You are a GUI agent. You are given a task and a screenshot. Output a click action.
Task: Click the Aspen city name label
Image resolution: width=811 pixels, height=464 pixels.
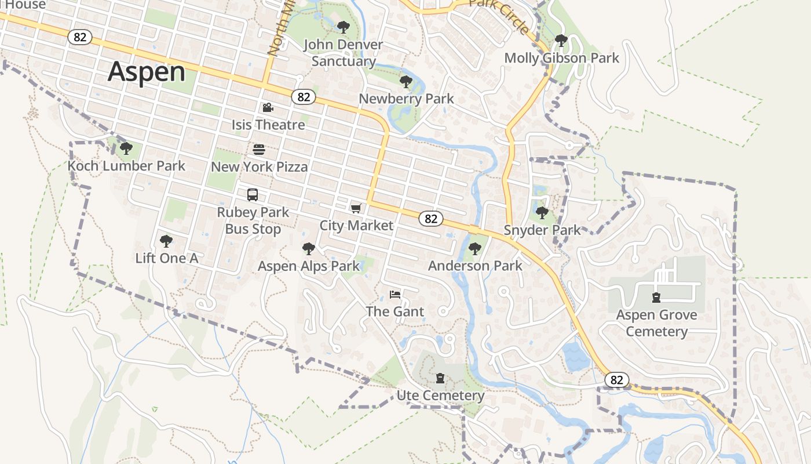(x=147, y=71)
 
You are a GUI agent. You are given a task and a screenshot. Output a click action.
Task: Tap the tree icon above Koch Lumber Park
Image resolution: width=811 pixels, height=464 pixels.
(x=126, y=148)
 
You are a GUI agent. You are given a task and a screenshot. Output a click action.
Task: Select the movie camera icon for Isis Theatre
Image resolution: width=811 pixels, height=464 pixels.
(x=268, y=107)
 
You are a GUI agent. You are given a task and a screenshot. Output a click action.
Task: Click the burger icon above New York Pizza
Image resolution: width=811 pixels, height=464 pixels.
(x=259, y=150)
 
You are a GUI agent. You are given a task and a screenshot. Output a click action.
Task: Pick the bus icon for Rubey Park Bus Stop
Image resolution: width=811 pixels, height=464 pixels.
(x=253, y=195)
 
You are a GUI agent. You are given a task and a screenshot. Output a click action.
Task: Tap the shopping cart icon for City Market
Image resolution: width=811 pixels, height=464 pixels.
(x=356, y=208)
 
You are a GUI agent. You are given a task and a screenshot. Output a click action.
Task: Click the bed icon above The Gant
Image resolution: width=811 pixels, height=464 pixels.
(x=395, y=294)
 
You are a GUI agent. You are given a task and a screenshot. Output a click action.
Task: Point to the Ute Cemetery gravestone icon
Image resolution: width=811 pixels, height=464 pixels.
(x=440, y=378)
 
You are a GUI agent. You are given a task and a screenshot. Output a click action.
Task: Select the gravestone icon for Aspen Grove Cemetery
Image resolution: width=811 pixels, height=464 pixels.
(x=656, y=298)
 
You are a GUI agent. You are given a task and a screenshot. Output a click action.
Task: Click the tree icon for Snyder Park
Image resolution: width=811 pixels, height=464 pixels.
(x=542, y=213)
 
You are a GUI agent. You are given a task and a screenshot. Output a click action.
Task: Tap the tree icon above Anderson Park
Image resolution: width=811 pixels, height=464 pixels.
(x=475, y=249)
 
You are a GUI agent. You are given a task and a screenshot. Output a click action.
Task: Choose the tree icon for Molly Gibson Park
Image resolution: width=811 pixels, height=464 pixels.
(x=561, y=41)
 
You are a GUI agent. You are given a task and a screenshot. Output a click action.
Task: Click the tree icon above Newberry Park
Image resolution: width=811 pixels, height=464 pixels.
(x=406, y=81)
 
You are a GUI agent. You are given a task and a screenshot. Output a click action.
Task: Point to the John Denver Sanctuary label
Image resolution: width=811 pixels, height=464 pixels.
(x=344, y=53)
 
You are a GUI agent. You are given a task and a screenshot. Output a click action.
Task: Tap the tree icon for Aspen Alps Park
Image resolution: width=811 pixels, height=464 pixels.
(x=309, y=249)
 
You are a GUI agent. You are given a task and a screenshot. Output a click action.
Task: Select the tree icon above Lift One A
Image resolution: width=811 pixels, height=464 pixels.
(x=166, y=241)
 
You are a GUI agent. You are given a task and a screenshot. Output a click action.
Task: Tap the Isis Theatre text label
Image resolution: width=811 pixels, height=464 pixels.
(x=268, y=125)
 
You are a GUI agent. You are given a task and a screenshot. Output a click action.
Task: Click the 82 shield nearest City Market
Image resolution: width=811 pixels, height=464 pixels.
(x=430, y=218)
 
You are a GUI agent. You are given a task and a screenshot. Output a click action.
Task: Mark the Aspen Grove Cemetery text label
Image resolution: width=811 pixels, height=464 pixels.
(x=656, y=323)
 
